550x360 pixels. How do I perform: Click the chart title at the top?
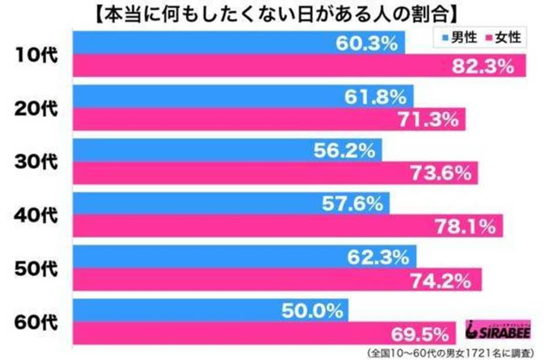pyautogui.click(x=274, y=13)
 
